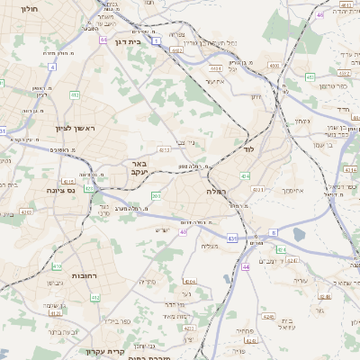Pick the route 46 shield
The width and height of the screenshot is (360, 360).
[319, 15]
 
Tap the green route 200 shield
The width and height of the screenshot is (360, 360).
[156, 195]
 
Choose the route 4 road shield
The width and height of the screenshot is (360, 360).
[53, 67]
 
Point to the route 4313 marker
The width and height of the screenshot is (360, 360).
[165, 149]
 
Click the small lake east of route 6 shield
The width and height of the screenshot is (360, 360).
[298, 236]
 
